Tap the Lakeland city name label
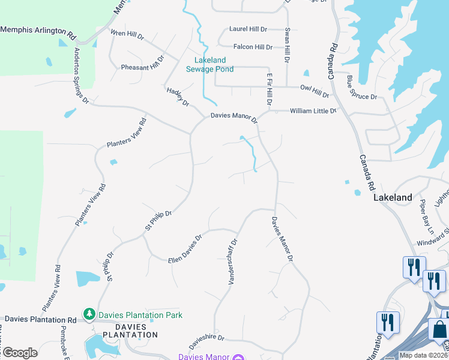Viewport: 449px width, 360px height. [x=393, y=197]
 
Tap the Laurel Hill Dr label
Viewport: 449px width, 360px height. [x=248, y=29]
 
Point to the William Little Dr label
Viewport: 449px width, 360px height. [x=313, y=111]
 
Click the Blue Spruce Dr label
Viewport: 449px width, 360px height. [x=361, y=87]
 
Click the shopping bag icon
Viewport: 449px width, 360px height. [x=440, y=331]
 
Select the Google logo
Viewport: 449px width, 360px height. [x=19, y=353]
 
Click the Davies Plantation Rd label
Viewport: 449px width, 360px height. [x=38, y=320]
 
